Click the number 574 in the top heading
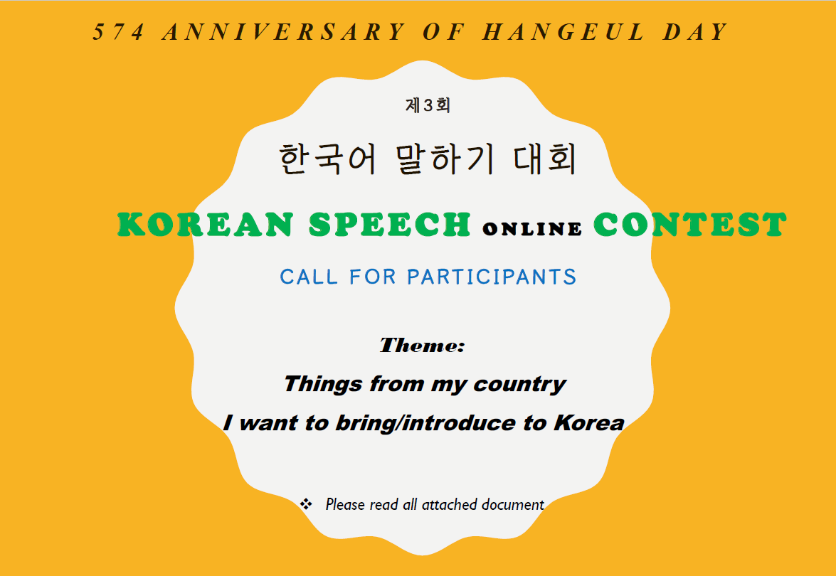(x=118, y=32)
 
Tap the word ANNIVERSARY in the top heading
(x=284, y=32)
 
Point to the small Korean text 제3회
(x=428, y=105)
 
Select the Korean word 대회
(x=546, y=159)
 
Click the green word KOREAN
(x=206, y=224)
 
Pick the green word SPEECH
(x=390, y=224)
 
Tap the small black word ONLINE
(x=532, y=228)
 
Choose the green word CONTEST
(x=690, y=224)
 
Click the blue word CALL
(x=309, y=277)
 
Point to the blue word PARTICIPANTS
(x=492, y=277)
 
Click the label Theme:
(x=422, y=346)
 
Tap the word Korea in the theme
(x=589, y=423)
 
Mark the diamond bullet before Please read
(x=306, y=504)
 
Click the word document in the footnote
(x=512, y=504)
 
